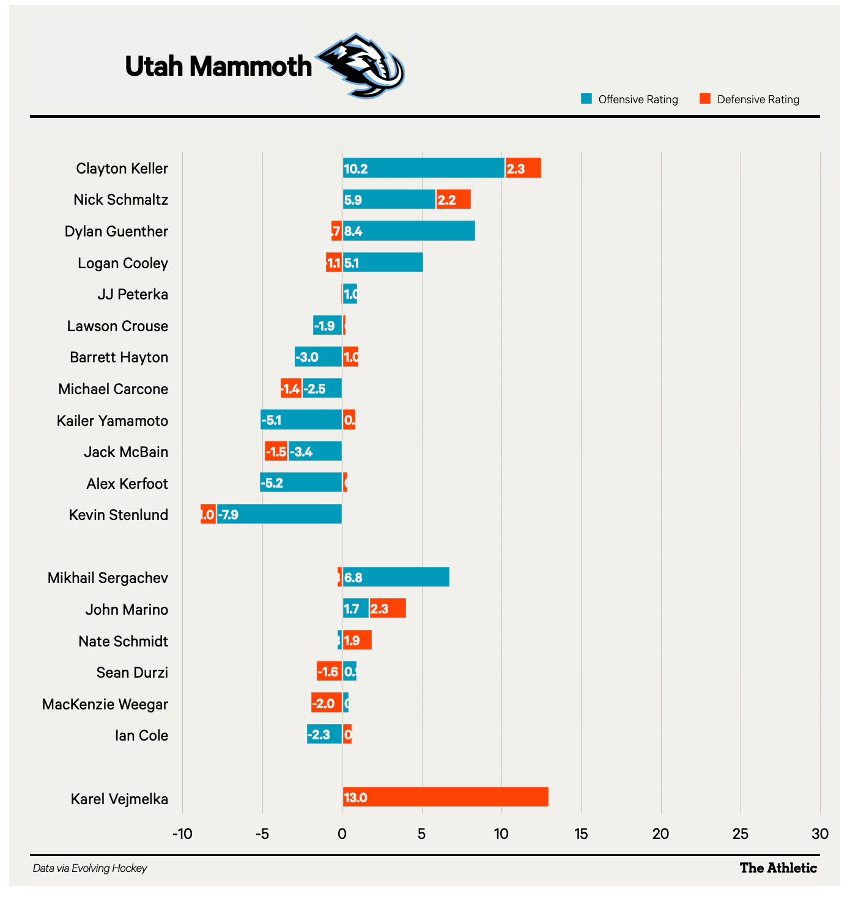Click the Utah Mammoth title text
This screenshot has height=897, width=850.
[x=218, y=66]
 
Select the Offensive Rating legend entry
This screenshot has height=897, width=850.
[x=630, y=100]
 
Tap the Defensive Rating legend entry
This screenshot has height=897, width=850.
[x=750, y=100]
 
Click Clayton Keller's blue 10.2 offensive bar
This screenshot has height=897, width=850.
[x=424, y=168]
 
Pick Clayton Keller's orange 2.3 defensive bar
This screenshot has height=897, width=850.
[x=523, y=168]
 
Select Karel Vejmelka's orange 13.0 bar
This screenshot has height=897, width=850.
[x=445, y=797]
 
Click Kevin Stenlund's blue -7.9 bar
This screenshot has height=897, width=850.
[x=279, y=514]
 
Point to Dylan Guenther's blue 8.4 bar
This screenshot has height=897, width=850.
[x=408, y=231]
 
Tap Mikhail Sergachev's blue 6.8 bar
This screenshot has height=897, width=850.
[x=396, y=577]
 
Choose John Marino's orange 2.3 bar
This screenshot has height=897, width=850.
[x=388, y=609]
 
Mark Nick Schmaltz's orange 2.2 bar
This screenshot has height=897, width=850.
[x=453, y=199]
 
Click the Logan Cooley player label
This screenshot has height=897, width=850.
[x=123, y=263]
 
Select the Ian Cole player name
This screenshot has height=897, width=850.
[x=141, y=736]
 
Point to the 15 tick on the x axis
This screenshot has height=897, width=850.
[x=581, y=834]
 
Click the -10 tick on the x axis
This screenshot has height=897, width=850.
[x=182, y=834]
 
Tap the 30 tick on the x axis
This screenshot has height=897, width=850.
[x=820, y=834]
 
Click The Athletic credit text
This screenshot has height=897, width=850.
[x=778, y=868]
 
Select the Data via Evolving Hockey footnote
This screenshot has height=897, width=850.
[x=90, y=868]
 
